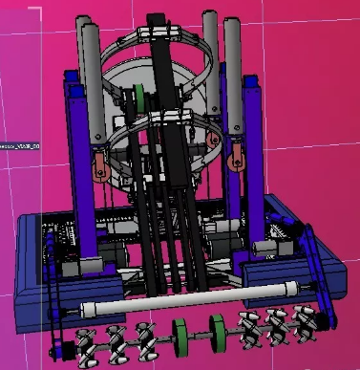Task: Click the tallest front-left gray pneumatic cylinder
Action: pos(94,86)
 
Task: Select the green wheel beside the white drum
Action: pos(139,97)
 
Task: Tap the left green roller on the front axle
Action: pos(177,336)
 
